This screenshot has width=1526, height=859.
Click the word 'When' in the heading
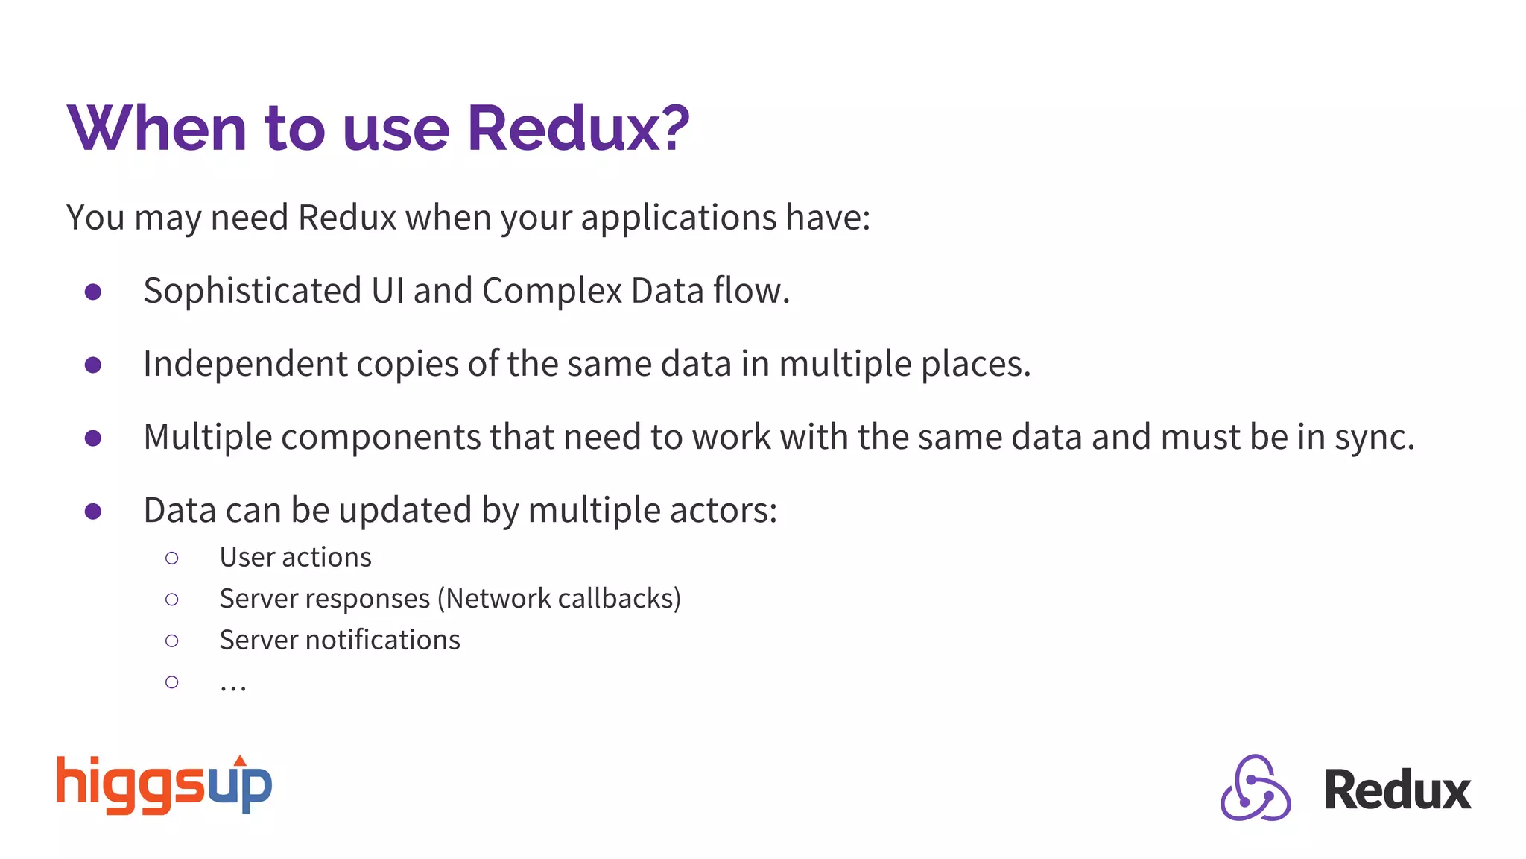(x=156, y=128)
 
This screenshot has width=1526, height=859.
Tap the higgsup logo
(x=164, y=785)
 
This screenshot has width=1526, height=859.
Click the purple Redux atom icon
(x=1256, y=788)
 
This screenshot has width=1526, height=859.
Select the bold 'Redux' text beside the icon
(x=1396, y=790)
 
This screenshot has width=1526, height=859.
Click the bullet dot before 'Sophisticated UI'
(x=93, y=292)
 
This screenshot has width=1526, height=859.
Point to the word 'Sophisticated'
(x=252, y=292)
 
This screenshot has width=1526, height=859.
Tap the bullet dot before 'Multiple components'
(x=93, y=438)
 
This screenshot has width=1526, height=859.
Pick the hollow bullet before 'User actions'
(x=172, y=558)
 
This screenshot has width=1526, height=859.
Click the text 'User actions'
(x=295, y=558)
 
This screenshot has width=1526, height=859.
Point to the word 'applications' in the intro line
(x=679, y=218)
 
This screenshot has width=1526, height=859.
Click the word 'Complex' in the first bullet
(x=551, y=292)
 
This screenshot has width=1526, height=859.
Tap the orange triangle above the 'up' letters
(x=240, y=761)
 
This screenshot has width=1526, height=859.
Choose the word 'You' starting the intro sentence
(x=95, y=218)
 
